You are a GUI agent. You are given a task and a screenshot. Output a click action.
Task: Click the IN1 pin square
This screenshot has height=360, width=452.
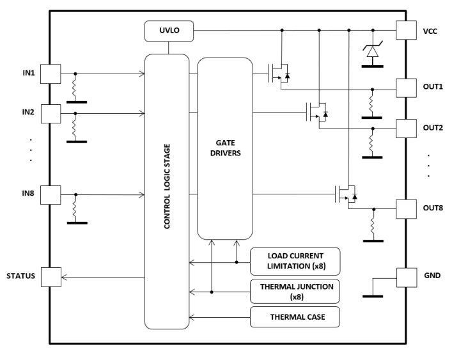(x=51, y=74)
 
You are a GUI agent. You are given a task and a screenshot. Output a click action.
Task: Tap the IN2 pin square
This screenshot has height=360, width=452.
(x=51, y=114)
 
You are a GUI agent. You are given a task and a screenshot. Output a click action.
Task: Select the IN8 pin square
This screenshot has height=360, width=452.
(x=51, y=194)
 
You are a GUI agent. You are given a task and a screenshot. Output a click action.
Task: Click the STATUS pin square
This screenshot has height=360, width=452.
(x=51, y=276)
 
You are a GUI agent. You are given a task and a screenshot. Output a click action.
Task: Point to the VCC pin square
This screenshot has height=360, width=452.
(x=407, y=30)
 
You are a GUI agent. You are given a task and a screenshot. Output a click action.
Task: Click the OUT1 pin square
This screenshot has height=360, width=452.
(x=407, y=88)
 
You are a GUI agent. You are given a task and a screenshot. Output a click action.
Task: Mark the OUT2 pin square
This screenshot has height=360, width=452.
(x=407, y=128)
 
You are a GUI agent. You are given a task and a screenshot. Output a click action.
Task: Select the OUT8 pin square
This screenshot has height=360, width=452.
(x=407, y=208)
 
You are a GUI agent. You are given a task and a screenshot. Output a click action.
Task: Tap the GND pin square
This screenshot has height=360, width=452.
(x=407, y=278)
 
